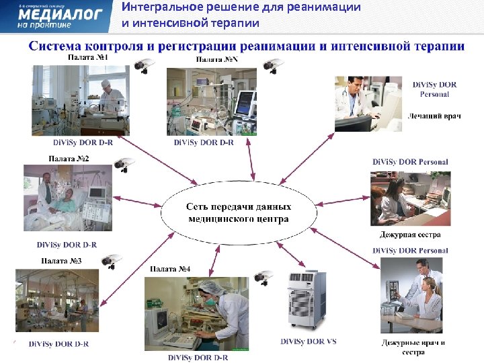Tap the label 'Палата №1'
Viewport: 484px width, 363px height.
pos(87,58)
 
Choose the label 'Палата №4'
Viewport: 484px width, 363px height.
pos(170,269)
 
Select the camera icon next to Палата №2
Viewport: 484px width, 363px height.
pos(123,163)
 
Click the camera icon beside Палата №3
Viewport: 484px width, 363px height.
pos(107,259)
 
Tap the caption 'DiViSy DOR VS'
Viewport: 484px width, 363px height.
pos(308,341)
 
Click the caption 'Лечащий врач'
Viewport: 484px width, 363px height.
pos(434,116)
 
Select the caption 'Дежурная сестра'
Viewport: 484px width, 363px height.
pos(409,235)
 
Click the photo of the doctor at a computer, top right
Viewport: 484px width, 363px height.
pos(366,104)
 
